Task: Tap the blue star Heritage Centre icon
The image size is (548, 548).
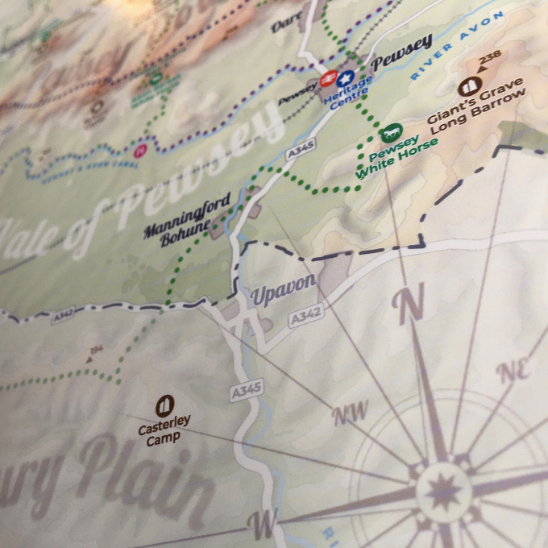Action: pos(345,79)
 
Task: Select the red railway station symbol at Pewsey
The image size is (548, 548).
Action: pos(327,79)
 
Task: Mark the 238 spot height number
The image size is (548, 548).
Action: pos(488,60)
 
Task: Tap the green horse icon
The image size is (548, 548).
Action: pos(392,131)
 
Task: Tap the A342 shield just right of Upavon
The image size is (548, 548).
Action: pos(307,318)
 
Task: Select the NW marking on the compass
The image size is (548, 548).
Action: pos(351,413)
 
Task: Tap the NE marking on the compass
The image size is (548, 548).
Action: pos(513,371)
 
